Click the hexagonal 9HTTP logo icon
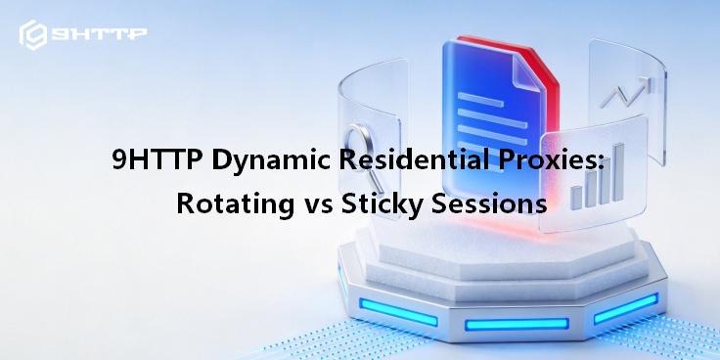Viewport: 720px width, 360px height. [32, 34]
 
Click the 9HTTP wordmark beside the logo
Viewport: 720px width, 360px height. [99, 34]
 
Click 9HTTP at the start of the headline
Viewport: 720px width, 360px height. [157, 160]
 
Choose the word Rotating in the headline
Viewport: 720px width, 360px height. [235, 204]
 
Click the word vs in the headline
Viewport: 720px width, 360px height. [317, 206]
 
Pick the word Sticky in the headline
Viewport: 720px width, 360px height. [382, 204]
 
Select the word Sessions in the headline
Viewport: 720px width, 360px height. [489, 203]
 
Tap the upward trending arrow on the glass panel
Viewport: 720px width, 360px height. [625, 92]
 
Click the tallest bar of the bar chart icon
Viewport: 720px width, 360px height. [619, 172]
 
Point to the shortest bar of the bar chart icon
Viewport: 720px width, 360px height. [576, 198]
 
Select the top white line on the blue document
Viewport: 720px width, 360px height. [480, 100]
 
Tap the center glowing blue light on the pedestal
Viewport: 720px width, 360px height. [517, 324]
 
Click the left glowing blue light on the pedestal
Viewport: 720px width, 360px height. [397, 312]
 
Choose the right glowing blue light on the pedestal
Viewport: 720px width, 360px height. [625, 308]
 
